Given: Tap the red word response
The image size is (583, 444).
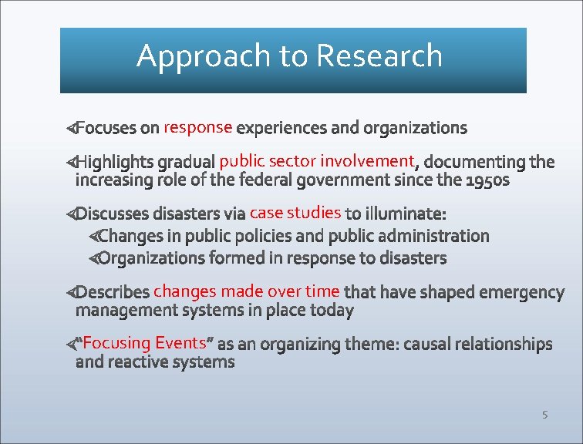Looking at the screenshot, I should [198, 126].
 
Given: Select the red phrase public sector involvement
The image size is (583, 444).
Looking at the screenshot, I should [317, 161].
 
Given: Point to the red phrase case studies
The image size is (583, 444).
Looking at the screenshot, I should [295, 212].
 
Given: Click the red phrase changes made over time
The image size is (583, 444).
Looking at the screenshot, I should [247, 291].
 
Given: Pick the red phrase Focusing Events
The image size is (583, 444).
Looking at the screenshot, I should [144, 342].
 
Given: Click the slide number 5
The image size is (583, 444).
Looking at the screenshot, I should [544, 415].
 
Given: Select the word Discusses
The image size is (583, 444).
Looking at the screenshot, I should [120, 213].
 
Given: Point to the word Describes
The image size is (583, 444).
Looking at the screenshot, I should [113, 292].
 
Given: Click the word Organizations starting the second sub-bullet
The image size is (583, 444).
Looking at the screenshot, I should [152, 258].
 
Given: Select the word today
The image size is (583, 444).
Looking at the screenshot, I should [332, 311].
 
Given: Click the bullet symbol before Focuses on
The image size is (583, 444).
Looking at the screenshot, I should [70, 127].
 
